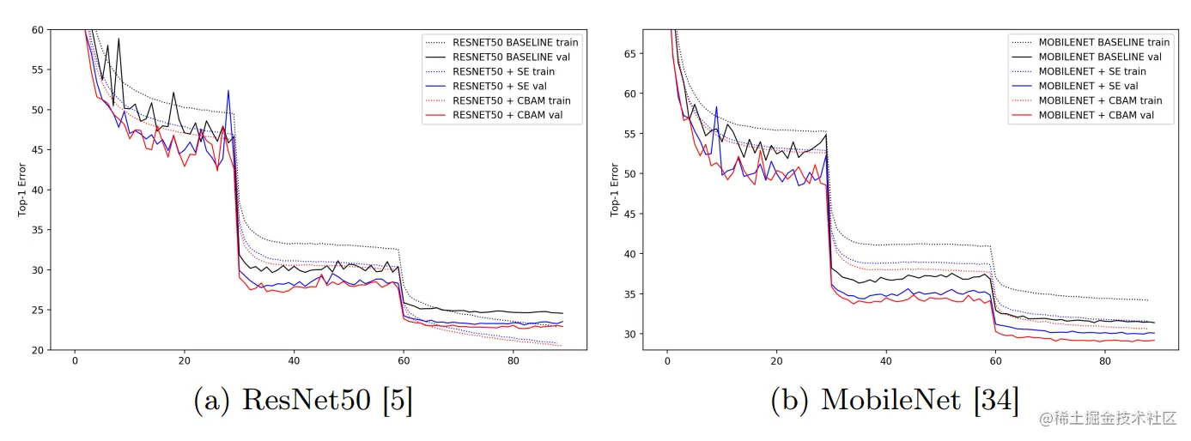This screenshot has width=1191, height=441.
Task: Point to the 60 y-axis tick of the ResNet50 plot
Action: [x=38, y=30]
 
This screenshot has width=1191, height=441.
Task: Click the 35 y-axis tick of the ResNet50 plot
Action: [x=38, y=230]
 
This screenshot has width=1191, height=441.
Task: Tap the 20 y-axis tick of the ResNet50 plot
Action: [x=38, y=350]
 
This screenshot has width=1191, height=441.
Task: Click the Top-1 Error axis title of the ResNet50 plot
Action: [x=22, y=190]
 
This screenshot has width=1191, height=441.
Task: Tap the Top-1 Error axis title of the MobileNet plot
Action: [x=616, y=190]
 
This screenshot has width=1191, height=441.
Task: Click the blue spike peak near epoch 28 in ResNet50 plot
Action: [x=228, y=90]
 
